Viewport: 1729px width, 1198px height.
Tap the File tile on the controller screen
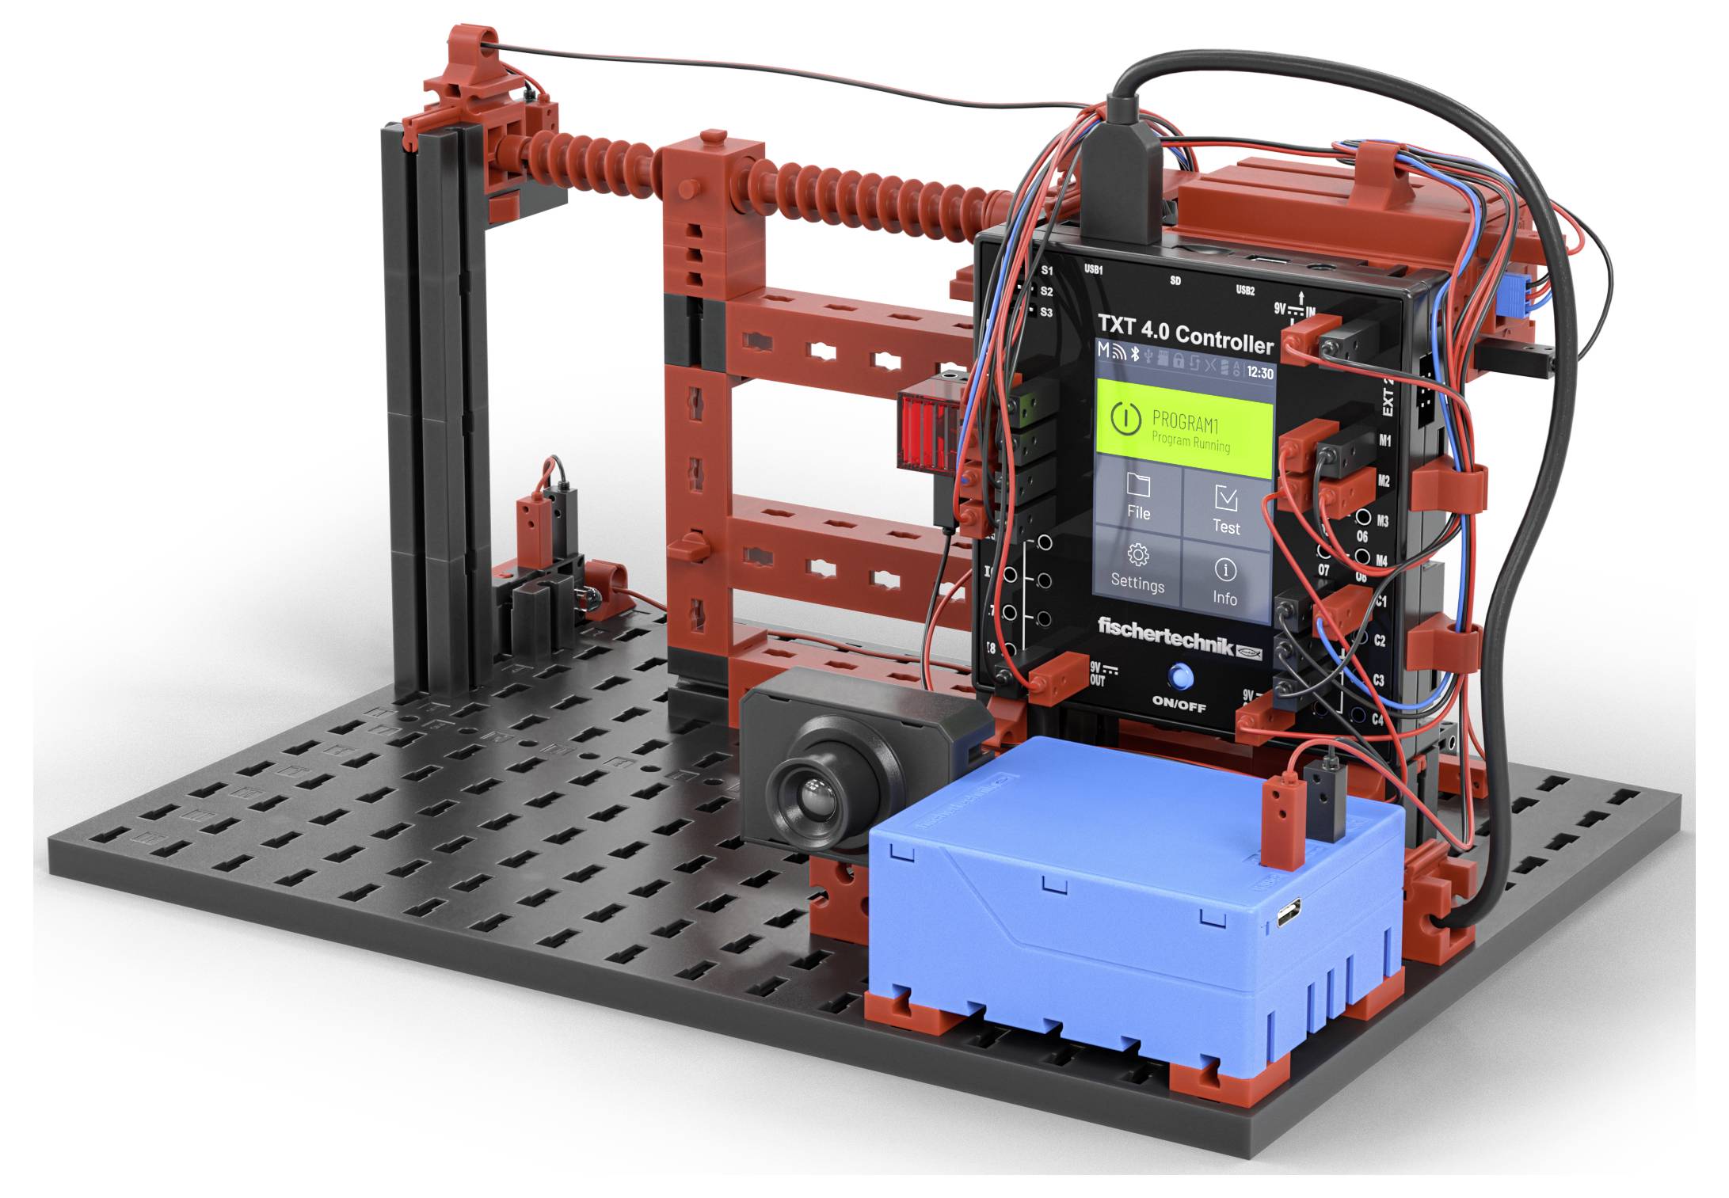click(x=1138, y=498)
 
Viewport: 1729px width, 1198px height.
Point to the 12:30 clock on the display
click(x=1259, y=372)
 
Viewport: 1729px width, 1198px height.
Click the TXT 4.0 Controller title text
click(x=1185, y=333)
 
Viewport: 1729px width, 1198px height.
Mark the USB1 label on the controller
click(x=1093, y=269)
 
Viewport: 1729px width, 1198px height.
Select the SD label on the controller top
click(x=1175, y=281)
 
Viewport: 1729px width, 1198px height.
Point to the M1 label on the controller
click(x=1384, y=440)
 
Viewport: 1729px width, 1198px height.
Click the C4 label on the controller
click(x=1377, y=720)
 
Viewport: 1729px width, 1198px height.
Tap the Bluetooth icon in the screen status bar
click(x=1134, y=354)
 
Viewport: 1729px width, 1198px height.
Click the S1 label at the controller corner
click(x=1046, y=271)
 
